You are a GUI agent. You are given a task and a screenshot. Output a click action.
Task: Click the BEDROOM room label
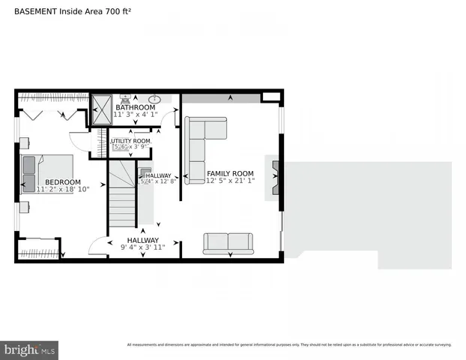[x=62, y=182]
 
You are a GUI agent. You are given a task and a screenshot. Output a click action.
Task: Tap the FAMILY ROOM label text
[x=230, y=173]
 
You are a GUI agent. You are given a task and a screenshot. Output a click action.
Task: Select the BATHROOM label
[x=136, y=108]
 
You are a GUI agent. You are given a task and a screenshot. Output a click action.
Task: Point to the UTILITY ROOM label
[x=131, y=141]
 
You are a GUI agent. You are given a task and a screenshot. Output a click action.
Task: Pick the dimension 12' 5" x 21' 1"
[x=231, y=181]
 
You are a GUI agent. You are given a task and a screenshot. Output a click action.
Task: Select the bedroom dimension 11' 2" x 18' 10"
[x=63, y=190]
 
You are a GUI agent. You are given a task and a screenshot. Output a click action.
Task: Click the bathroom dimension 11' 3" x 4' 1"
[x=136, y=115]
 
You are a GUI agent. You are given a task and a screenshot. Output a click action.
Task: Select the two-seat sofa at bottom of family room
[x=228, y=243]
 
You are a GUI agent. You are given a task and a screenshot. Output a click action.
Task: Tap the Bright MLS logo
[x=30, y=349]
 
